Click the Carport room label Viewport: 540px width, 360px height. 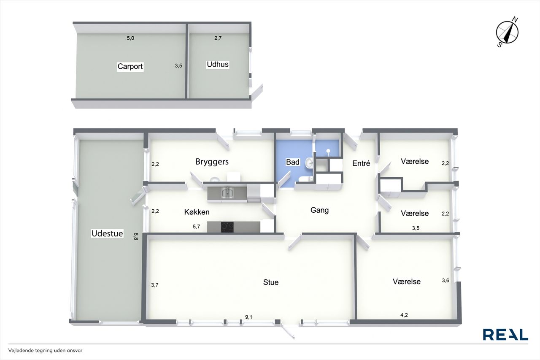[130, 66]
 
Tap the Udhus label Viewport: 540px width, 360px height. [218, 65]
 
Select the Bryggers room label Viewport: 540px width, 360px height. [212, 162]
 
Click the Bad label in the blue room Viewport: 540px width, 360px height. [293, 162]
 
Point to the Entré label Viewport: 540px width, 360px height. [361, 163]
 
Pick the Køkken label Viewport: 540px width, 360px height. [197, 212]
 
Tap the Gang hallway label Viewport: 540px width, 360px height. [319, 210]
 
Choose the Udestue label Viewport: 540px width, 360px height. [107, 233]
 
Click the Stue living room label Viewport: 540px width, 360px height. [271, 282]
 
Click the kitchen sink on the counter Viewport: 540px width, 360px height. [227, 193]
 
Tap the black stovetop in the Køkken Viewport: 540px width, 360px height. [227, 227]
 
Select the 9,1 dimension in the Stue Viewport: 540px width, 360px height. [248, 317]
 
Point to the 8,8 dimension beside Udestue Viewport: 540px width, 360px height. [136, 236]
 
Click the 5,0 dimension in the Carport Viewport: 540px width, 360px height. [130, 38]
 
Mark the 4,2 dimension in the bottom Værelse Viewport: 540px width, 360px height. [404, 315]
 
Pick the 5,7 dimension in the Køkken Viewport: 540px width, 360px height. [196, 227]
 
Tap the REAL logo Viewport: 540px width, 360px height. [505, 334]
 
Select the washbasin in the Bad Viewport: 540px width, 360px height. [309, 163]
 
